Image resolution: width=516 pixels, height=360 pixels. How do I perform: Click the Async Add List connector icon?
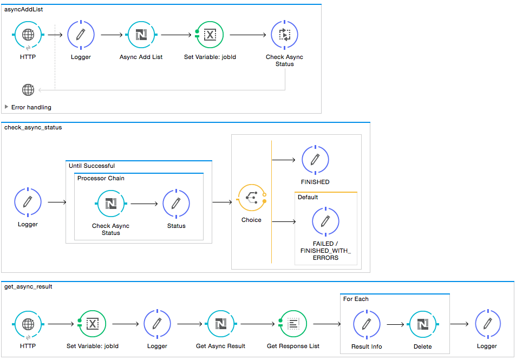pos(141,35)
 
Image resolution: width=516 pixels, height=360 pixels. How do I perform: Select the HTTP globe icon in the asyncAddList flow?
pos(28,35)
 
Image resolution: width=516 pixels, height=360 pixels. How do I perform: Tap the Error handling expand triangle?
pos(6,107)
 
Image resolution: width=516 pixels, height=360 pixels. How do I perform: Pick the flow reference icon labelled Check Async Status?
pos(284,35)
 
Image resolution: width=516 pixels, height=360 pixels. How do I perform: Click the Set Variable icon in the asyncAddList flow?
pos(210,35)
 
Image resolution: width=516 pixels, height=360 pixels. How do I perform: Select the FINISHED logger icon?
pos(315,159)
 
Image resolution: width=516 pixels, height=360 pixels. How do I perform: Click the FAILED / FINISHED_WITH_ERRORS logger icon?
pos(325,221)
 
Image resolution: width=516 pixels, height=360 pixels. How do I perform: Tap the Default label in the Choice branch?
pos(308,197)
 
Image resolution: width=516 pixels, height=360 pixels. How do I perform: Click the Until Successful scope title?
pos(92,166)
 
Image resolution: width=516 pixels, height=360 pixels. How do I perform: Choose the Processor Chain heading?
pos(101,178)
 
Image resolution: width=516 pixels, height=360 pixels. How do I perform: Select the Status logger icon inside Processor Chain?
pos(176,204)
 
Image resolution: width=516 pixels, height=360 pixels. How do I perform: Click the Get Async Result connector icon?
pos(220,324)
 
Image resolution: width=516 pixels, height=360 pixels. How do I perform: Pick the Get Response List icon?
pos(293,324)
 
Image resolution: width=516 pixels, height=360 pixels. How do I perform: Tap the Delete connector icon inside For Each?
pos(422,324)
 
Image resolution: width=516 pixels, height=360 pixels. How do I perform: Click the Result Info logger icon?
pos(366,324)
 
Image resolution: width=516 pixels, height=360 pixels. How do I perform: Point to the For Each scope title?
pos(356,299)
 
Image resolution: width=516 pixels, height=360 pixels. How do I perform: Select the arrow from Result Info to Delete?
pos(395,324)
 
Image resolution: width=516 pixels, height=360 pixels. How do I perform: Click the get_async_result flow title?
pos(28,286)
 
